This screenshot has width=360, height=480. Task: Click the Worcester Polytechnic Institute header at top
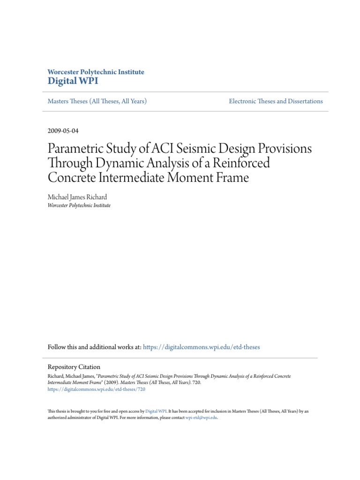96,72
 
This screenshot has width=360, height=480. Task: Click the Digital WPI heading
73,81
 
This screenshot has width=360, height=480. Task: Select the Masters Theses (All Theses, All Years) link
97,101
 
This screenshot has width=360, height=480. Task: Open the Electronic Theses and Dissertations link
276,101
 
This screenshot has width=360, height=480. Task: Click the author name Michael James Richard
77,197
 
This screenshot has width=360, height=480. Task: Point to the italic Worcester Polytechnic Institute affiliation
79,205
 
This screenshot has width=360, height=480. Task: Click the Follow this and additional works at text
94,347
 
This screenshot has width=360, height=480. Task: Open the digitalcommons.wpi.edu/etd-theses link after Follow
201,347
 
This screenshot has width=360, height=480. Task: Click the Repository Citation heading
74,367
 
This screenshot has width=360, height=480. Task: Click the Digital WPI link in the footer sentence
155,411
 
